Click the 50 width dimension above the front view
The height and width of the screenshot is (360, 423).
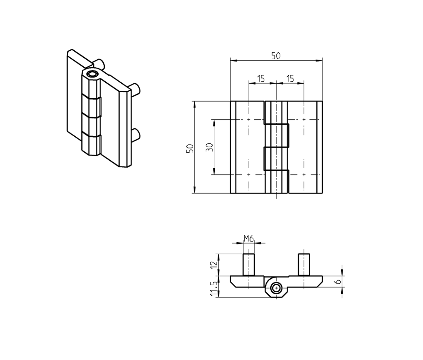click(x=276, y=55)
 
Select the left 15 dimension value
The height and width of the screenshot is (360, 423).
click(x=261, y=78)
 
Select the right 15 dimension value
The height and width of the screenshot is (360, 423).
click(x=290, y=78)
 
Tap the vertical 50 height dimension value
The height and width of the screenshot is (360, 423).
click(x=189, y=148)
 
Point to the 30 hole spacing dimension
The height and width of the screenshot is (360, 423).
click(x=210, y=147)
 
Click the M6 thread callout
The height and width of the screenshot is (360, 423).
click(x=249, y=239)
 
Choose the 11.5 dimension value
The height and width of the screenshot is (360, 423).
click(x=215, y=289)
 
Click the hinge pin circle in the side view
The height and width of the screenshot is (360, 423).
click(x=276, y=288)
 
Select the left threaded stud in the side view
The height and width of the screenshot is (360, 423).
click(x=248, y=265)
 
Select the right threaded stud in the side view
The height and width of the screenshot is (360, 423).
click(x=304, y=265)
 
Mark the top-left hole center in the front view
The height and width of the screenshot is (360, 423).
click(x=249, y=120)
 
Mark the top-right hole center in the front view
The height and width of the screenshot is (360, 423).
click(x=304, y=120)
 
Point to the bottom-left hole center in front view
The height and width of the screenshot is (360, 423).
click(x=249, y=175)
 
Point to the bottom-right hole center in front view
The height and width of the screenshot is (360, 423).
click(x=304, y=175)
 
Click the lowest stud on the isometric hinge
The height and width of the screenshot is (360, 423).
click(x=137, y=134)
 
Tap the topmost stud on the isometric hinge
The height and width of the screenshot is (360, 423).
click(x=99, y=63)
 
